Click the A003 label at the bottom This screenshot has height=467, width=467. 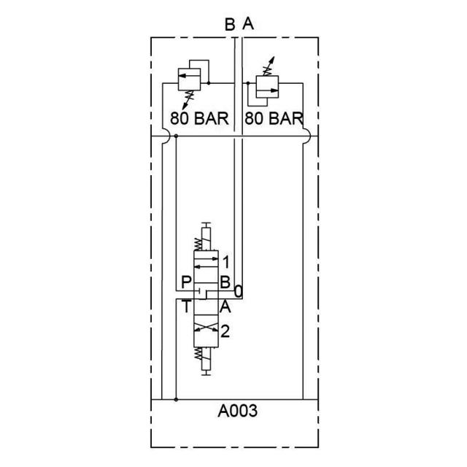point(238,412)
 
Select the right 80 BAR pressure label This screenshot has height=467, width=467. point(273,118)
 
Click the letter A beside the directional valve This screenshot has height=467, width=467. point(225,306)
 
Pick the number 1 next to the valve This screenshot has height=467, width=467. point(226,261)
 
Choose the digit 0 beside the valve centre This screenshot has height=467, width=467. point(238,292)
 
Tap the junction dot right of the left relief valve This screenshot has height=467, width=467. point(209,84)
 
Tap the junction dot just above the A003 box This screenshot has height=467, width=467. point(176,399)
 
